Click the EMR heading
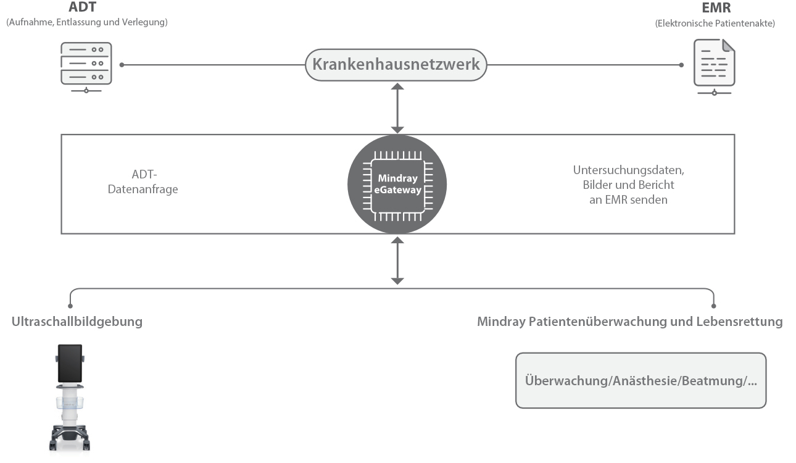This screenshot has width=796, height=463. coord(716,9)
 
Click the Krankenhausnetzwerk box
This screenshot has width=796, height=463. coord(396,64)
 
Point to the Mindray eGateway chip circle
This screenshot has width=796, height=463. coord(397,184)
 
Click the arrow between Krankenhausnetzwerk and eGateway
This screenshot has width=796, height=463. coord(397,108)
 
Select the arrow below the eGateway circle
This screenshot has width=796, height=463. coord(397,260)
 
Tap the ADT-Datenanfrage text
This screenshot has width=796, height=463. coord(143,182)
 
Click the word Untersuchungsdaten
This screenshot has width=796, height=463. coord(628,170)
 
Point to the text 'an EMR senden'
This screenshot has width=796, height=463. coord(628,199)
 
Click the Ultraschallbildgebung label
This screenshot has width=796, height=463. coord(77,322)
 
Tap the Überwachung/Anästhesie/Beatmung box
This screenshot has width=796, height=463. coord(641,380)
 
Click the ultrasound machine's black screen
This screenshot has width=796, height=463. coord(69,363)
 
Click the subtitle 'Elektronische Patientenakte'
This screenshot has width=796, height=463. coord(715,23)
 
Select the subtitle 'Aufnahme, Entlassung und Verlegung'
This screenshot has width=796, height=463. coord(87,22)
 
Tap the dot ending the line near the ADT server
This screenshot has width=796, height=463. coord(122,64)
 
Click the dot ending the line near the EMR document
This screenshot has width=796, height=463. coord(681,64)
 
